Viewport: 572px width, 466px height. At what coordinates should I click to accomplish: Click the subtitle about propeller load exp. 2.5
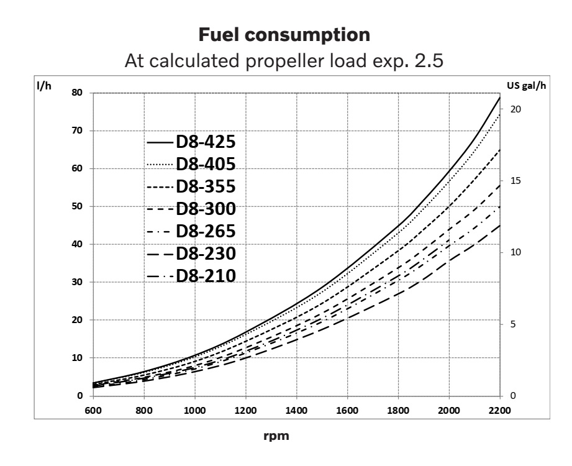coord(285,63)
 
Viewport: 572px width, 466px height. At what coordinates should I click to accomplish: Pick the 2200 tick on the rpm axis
coord(500,411)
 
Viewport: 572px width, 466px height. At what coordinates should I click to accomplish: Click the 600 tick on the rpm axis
coord(93,411)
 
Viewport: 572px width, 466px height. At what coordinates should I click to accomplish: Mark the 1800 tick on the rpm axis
coord(398,411)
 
